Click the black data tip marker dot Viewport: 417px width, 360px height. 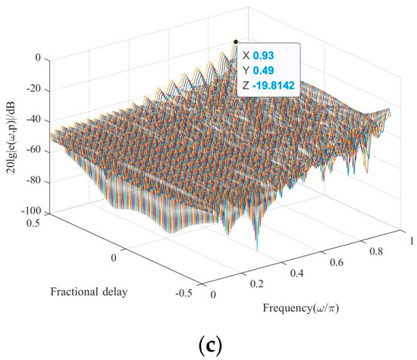point(236,42)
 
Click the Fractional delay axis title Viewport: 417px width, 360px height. point(85,291)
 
